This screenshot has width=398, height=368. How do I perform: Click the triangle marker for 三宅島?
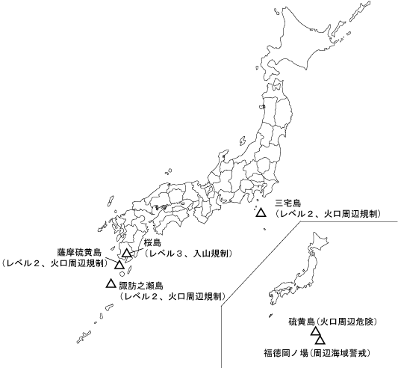(261, 213)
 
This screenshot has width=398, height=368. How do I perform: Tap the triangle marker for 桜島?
(128, 254)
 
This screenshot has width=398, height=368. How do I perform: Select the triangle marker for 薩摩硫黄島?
(119, 265)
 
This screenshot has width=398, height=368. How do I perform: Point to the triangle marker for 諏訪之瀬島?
(111, 283)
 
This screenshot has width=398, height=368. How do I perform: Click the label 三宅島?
(287, 203)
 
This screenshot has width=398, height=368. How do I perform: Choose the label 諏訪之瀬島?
(141, 286)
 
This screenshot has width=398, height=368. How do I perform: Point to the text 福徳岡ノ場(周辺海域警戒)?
(317, 351)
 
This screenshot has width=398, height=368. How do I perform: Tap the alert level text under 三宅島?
(328, 213)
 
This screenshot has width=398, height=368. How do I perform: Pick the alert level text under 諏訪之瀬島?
(172, 296)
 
